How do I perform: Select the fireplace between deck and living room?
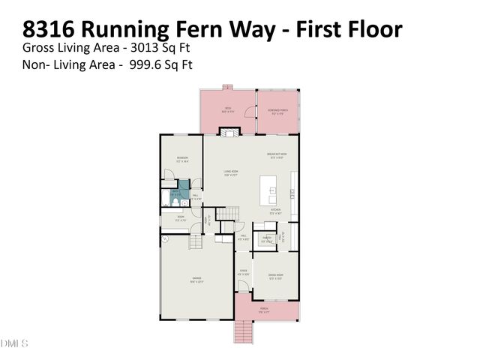click(x=228, y=132)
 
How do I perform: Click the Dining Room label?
click(x=275, y=276)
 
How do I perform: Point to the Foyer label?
click(x=243, y=272)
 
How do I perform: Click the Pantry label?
click(x=266, y=240)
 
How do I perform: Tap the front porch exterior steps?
click(x=243, y=329)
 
